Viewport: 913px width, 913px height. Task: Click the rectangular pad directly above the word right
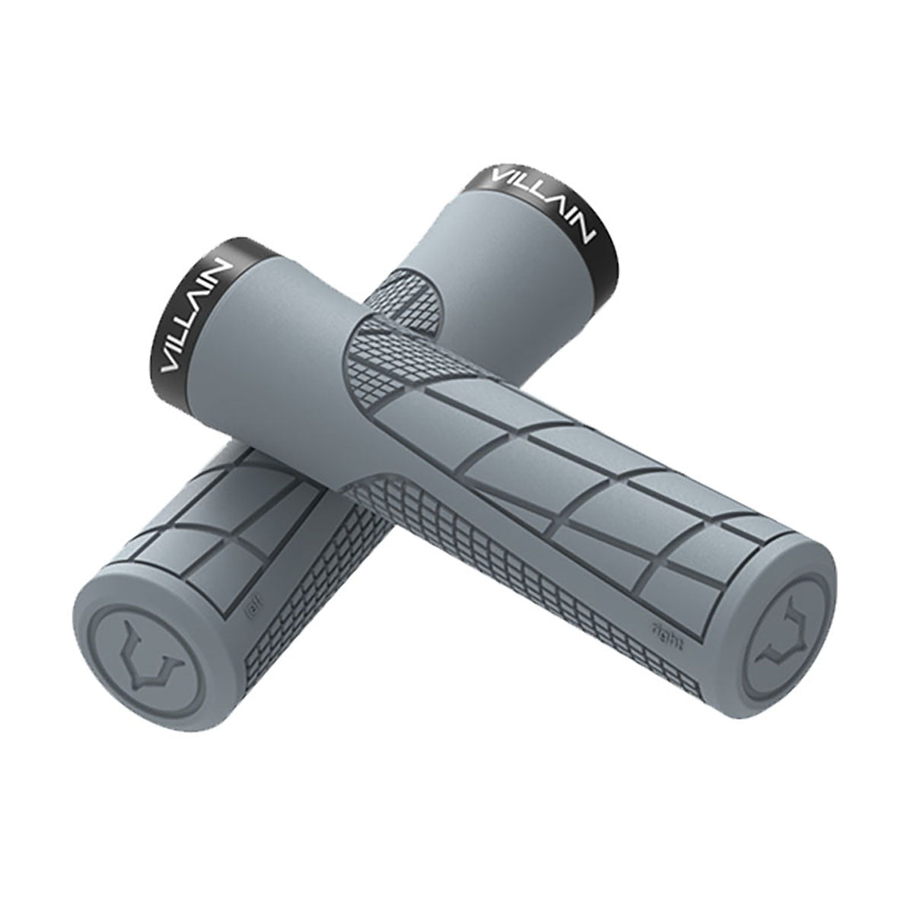(685, 586)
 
